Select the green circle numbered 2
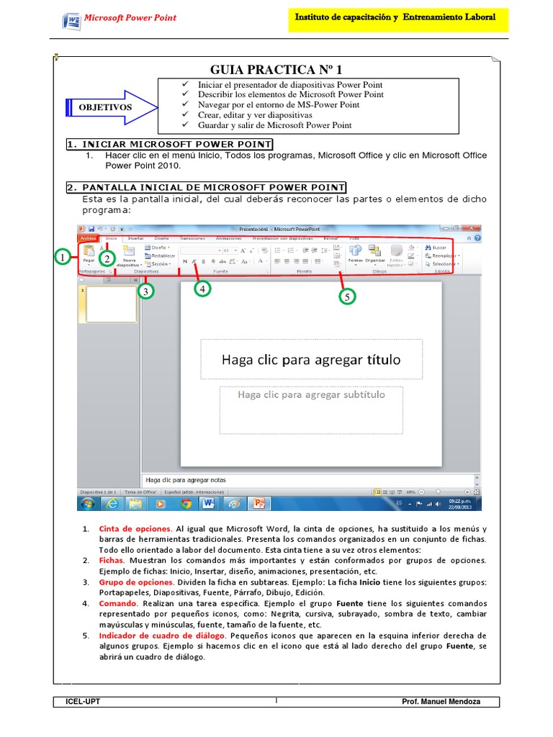[107, 258]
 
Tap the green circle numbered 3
[146, 291]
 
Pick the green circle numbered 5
[347, 296]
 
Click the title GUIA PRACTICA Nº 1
[276, 70]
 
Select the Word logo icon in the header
[71, 19]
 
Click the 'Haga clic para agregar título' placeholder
[311, 359]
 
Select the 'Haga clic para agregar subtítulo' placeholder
[311, 395]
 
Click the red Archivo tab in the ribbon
[88, 238]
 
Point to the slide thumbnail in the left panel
[111, 304]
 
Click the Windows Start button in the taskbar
[87, 503]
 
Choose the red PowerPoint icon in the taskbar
[259, 503]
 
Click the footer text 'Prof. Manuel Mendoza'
[441, 702]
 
